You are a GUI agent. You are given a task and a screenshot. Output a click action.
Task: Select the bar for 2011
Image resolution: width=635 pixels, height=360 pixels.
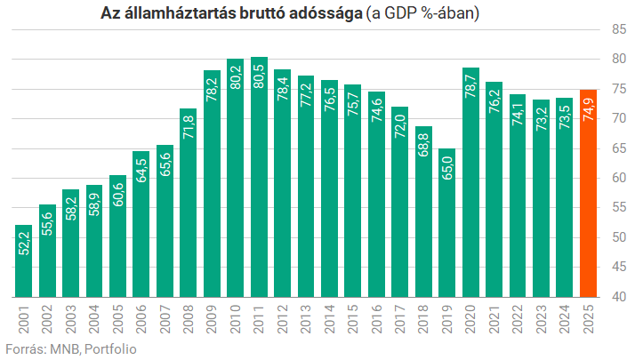click(259, 177)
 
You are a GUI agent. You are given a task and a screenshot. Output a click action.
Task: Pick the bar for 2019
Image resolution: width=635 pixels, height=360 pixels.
click(447, 222)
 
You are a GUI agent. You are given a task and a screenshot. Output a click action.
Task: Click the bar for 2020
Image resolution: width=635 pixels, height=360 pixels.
click(470, 182)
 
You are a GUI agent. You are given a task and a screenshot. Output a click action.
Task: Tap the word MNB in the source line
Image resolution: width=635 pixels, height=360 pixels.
click(64, 348)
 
